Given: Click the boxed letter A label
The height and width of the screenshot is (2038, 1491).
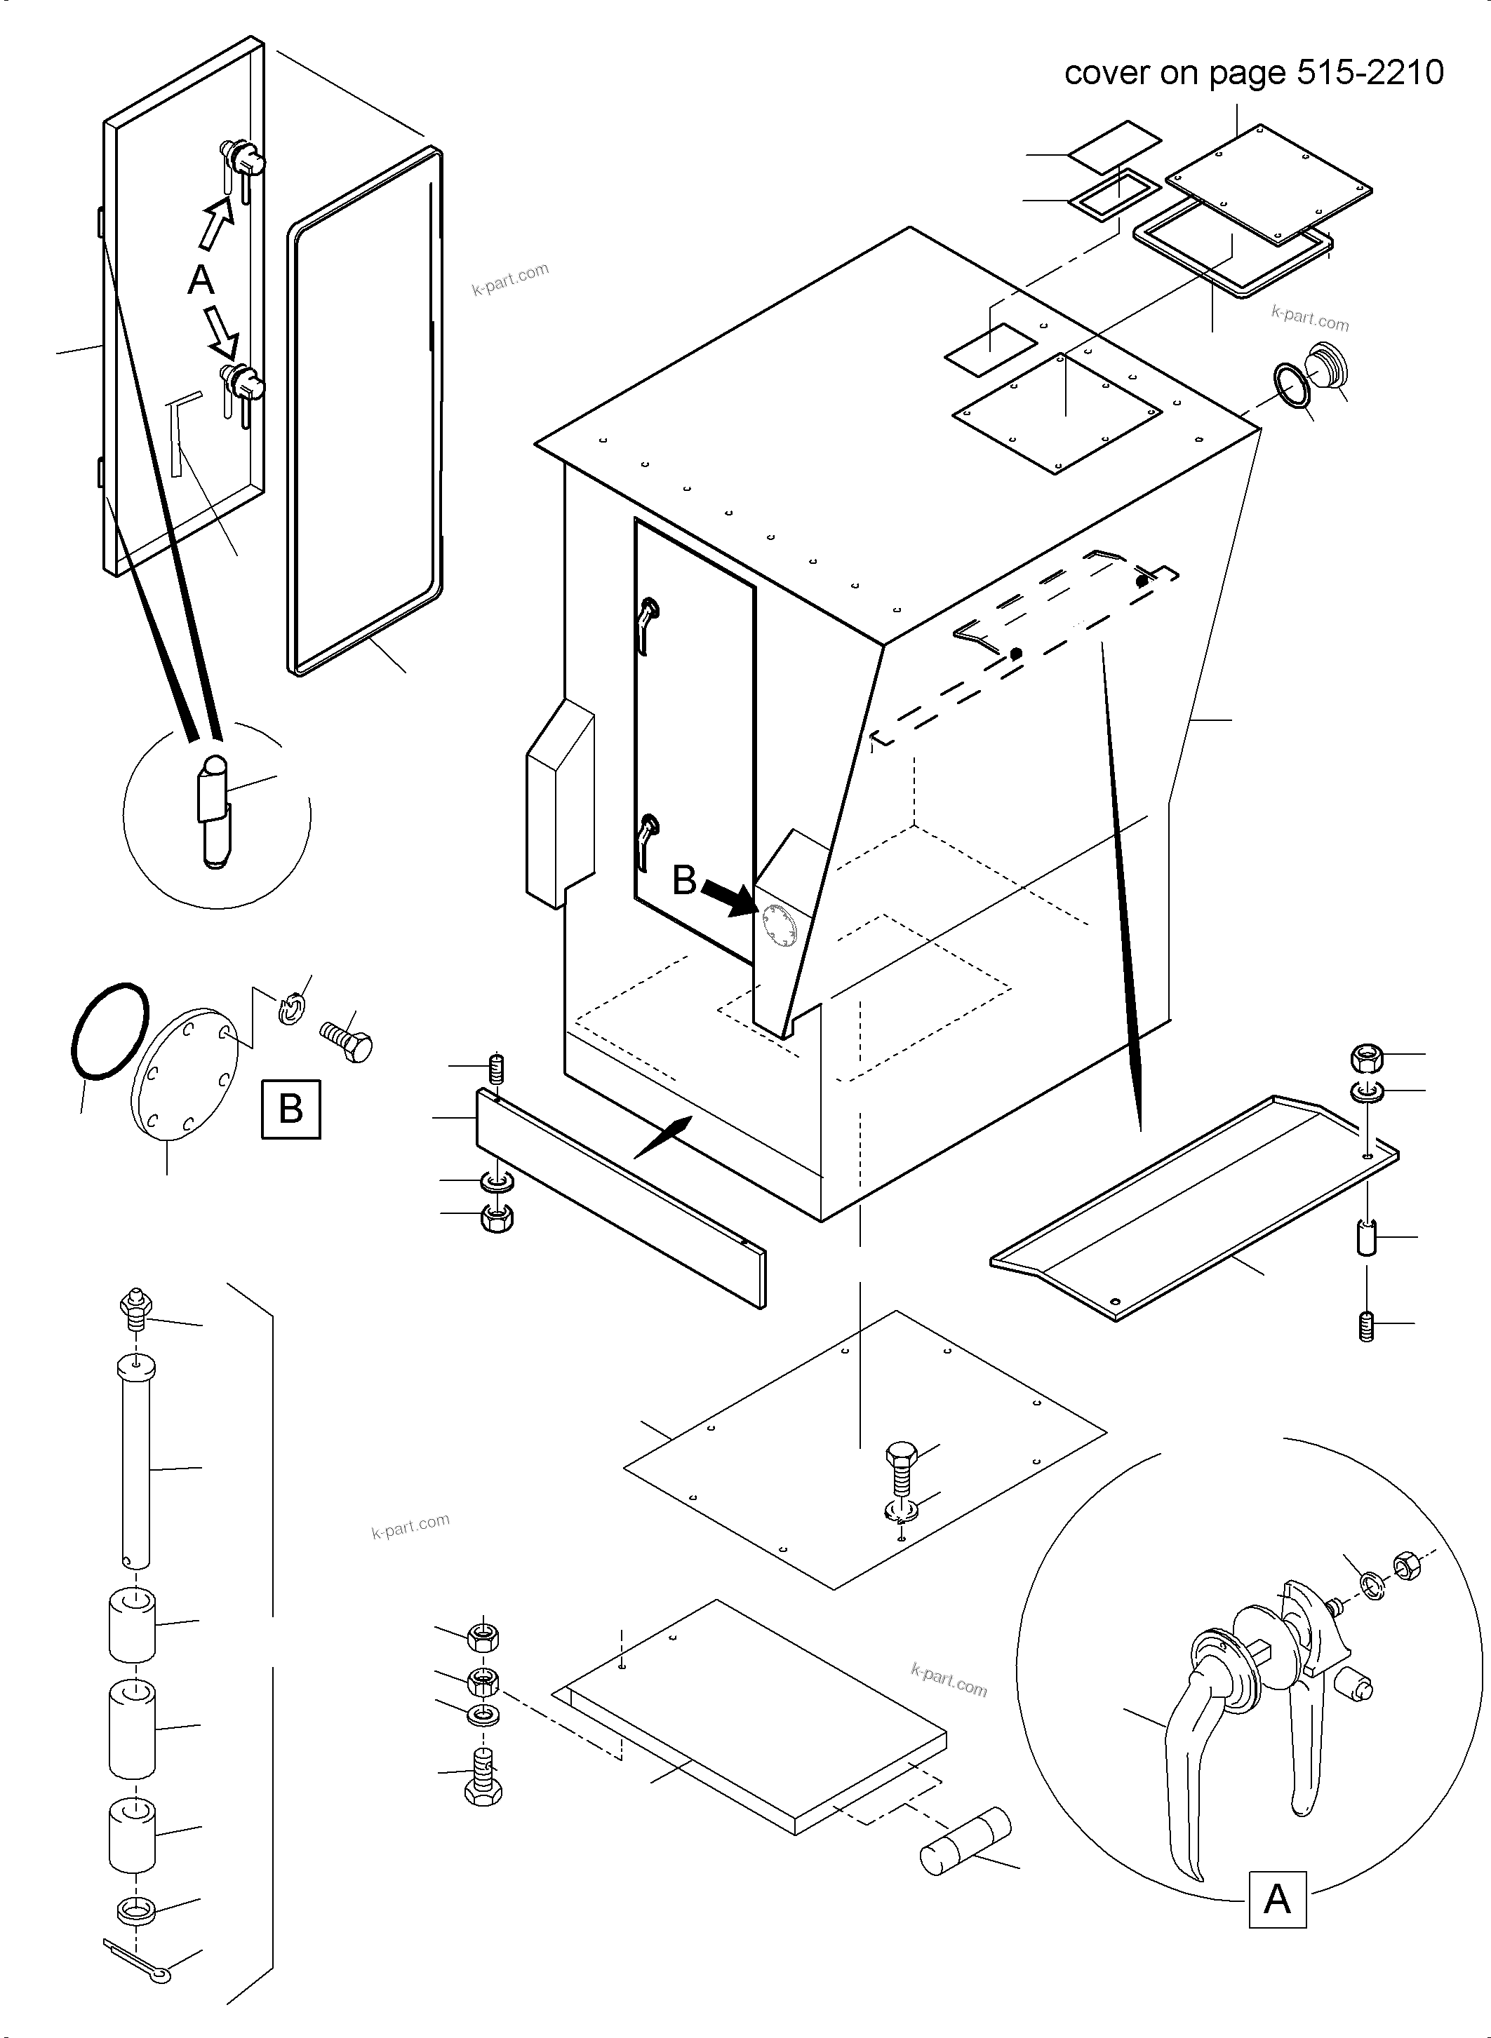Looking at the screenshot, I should click(x=1277, y=1899).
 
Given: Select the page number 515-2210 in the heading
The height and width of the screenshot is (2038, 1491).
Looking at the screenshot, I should click(x=1370, y=72).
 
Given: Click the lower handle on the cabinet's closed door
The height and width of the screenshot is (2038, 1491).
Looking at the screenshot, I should click(x=647, y=838).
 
